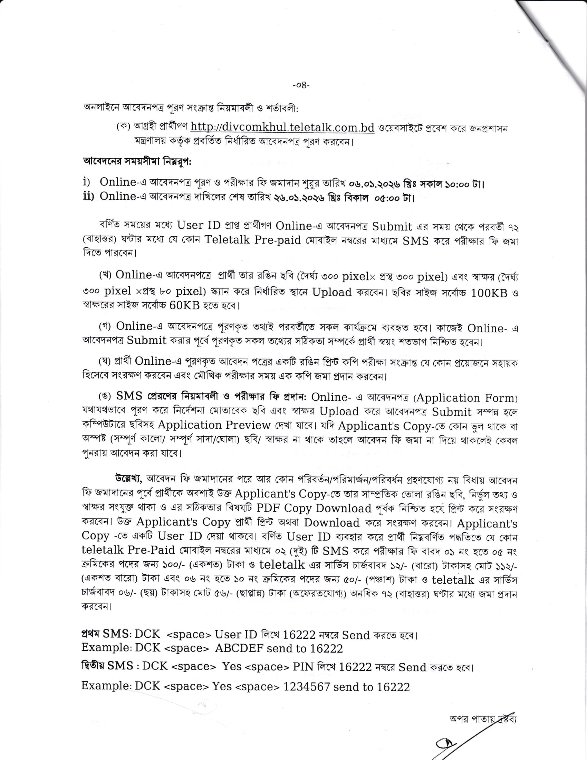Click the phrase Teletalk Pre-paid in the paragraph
tap(252, 240)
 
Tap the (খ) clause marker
tap(105, 275)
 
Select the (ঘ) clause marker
tap(105, 362)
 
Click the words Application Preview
tap(214, 425)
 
